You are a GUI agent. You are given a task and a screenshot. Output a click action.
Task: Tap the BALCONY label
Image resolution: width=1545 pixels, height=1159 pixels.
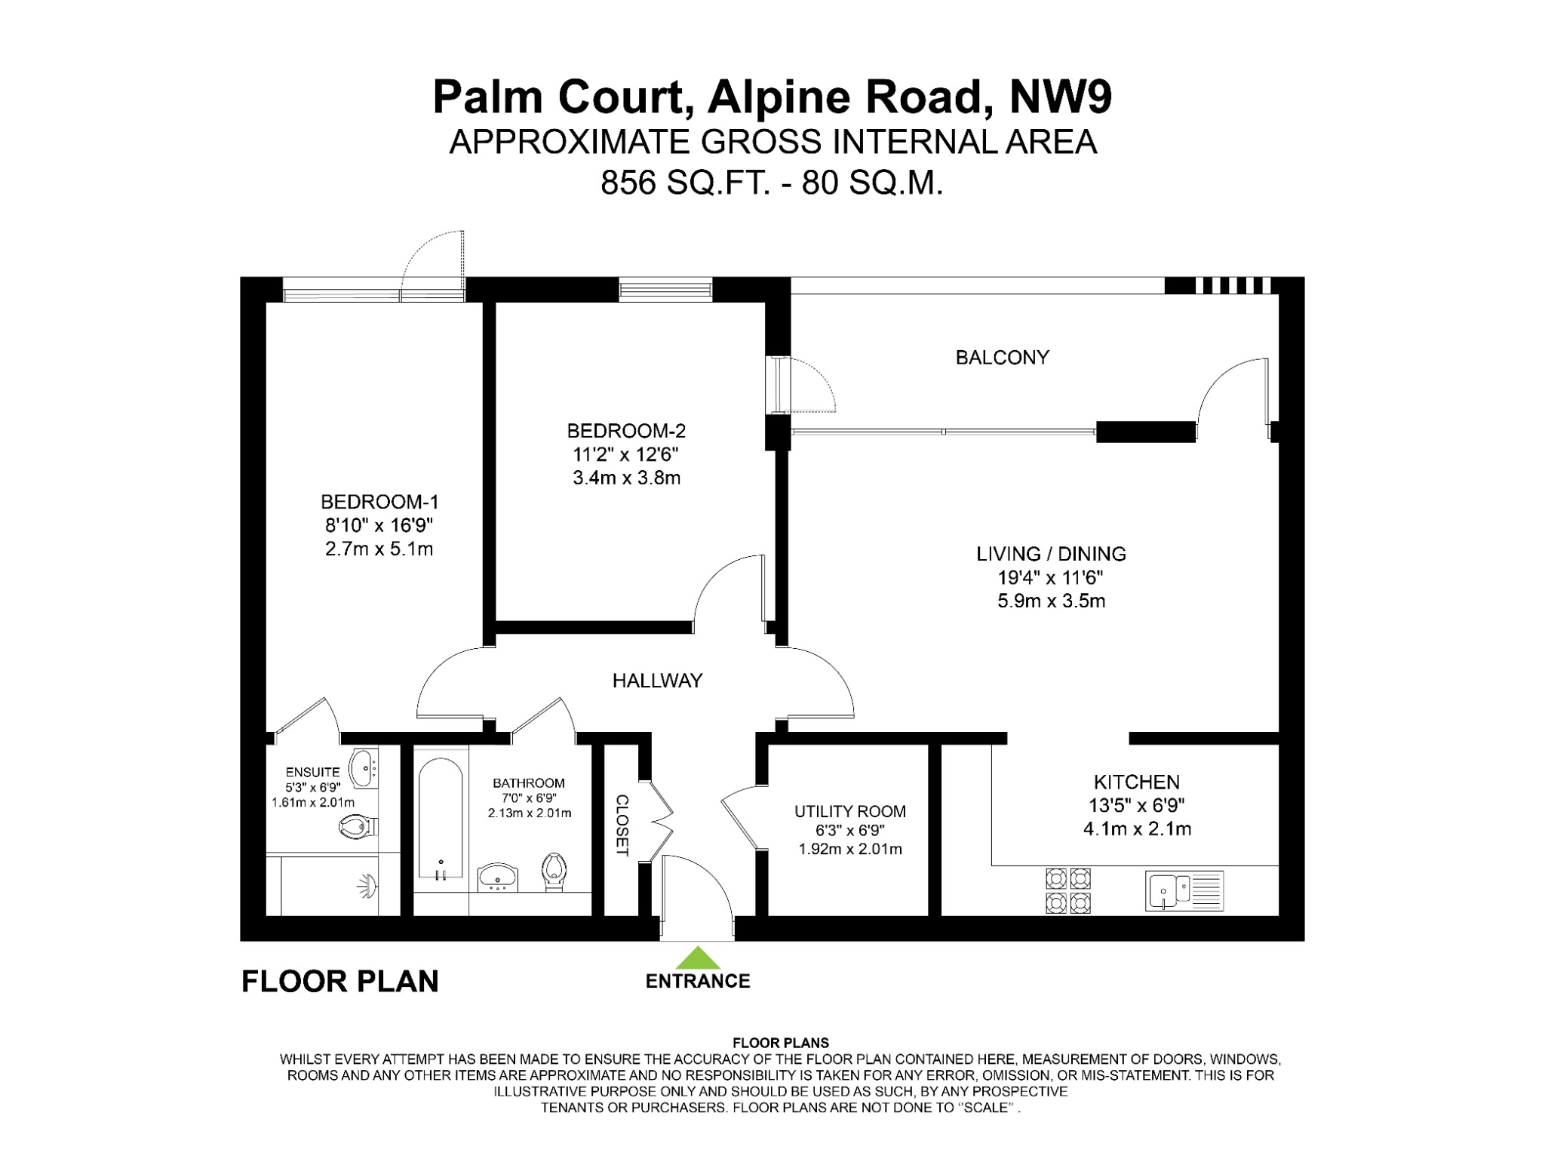[x=1002, y=358]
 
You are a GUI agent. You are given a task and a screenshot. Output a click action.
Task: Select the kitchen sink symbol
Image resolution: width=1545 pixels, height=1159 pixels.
[x=1184, y=891]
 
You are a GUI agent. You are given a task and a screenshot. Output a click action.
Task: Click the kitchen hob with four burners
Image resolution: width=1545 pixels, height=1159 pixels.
[x=1067, y=890]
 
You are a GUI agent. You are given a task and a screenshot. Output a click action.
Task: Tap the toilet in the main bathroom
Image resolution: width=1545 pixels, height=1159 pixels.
[x=554, y=872]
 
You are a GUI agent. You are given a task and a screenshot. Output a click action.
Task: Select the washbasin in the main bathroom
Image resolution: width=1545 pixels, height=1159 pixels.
[x=498, y=876]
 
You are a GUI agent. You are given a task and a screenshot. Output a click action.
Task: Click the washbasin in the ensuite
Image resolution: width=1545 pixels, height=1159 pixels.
[x=364, y=767]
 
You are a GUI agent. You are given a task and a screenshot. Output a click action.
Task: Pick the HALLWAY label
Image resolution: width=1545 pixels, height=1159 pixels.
[x=657, y=681]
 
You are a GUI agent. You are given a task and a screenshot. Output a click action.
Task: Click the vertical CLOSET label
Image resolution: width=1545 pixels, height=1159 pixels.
[x=622, y=825]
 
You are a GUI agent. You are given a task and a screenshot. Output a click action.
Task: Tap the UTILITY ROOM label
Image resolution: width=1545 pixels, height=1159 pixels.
[x=849, y=811]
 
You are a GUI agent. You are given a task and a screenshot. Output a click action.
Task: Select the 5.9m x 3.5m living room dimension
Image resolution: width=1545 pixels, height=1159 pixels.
[x=1051, y=601]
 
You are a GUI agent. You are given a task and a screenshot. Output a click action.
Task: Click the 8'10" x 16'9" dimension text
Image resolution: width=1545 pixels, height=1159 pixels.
[x=379, y=525]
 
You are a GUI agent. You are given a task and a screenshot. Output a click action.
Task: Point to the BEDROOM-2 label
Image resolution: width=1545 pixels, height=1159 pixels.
[x=626, y=431]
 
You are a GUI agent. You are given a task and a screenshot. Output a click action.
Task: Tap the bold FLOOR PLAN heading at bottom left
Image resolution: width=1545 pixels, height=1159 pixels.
[x=339, y=981]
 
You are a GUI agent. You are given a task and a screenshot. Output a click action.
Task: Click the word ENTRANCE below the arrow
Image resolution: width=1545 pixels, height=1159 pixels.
[x=698, y=981]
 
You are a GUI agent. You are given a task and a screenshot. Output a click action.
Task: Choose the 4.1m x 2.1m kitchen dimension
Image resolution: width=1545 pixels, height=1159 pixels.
[x=1137, y=829]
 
